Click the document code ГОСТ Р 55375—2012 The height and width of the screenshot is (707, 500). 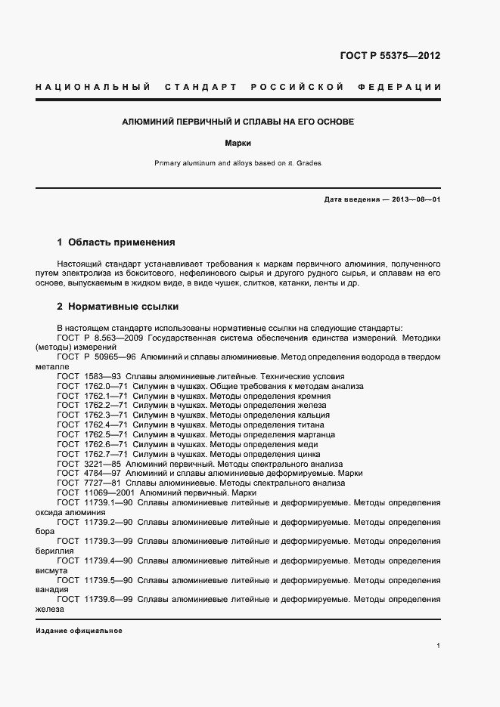click(391, 56)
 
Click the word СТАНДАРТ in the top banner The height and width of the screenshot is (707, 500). click(197, 88)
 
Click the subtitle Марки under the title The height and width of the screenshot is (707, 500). click(238, 142)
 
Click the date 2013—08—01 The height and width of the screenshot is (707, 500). click(415, 199)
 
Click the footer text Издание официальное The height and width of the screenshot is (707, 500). click(79, 630)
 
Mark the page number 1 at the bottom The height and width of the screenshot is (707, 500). click(439, 647)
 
